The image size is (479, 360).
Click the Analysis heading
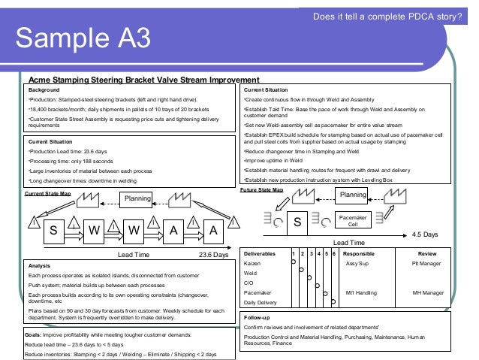tap(39, 265)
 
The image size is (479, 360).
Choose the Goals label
tap(34, 334)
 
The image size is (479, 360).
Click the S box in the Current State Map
tap(53, 231)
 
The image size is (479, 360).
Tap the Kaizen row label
tap(252, 264)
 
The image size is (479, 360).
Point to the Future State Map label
tap(261, 190)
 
